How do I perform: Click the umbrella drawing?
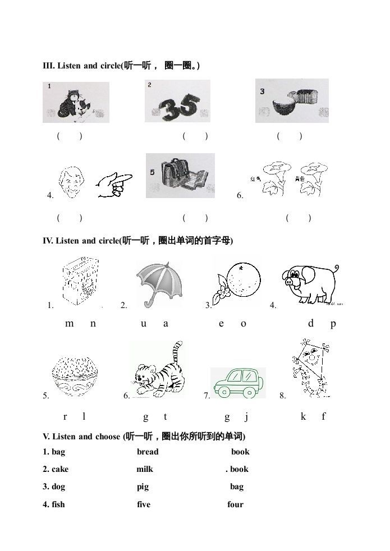pos(159,281)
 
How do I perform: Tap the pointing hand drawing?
pos(114,185)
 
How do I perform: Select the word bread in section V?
pos(148,452)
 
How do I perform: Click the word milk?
pos(145,469)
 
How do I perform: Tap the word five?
pos(144,504)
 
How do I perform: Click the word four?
pos(235,504)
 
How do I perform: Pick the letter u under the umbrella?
pos(144,323)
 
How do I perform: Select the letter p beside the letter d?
pos(333,324)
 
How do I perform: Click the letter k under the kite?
pos(303,416)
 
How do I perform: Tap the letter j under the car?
pos(246,416)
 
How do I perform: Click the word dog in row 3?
pos(58,487)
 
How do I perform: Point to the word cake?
pos(60,469)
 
